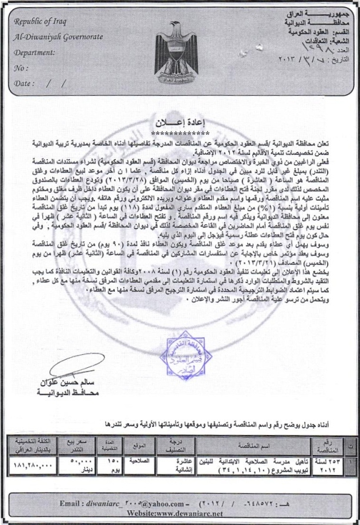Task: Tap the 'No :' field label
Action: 21,68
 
